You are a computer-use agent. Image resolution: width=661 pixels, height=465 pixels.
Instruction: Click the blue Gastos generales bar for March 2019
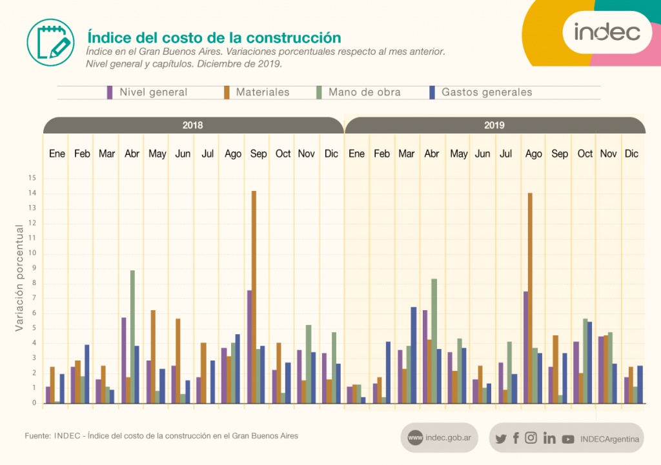point(414,355)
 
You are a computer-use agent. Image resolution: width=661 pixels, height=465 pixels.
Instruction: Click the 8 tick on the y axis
point(34,283)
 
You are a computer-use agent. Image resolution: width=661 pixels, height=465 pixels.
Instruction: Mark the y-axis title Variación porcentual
point(20,278)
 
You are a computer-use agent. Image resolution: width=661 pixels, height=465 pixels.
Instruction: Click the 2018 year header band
point(193,125)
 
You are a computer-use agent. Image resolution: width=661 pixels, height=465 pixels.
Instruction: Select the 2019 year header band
point(494,125)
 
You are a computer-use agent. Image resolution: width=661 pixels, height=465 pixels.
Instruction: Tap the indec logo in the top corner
point(607,31)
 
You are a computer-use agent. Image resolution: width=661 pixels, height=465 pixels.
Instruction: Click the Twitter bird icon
point(501,439)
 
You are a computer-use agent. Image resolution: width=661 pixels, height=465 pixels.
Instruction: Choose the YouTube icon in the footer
point(568,439)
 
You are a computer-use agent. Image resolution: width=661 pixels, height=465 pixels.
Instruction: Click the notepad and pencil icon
point(50,42)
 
